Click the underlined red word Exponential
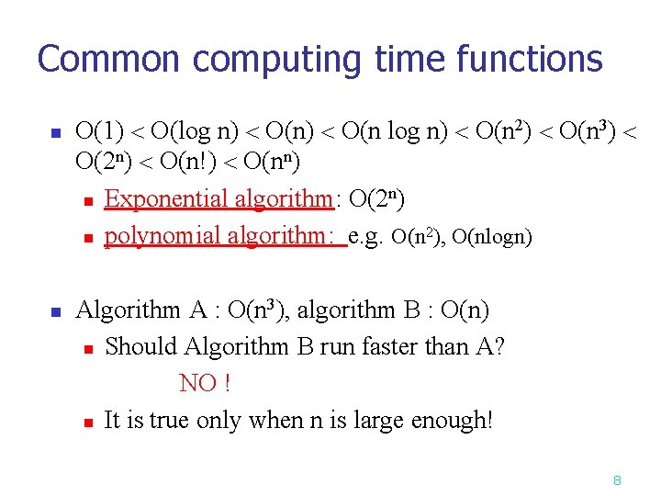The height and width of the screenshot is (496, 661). (167, 198)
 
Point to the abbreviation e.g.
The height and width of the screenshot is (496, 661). (367, 236)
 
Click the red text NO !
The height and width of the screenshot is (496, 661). (204, 383)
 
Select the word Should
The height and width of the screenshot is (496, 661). (142, 347)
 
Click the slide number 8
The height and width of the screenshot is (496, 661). (618, 480)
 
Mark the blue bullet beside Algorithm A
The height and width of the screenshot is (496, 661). (54, 312)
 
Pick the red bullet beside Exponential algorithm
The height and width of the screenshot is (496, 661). (87, 200)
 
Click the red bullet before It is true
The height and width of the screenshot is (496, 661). (87, 423)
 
